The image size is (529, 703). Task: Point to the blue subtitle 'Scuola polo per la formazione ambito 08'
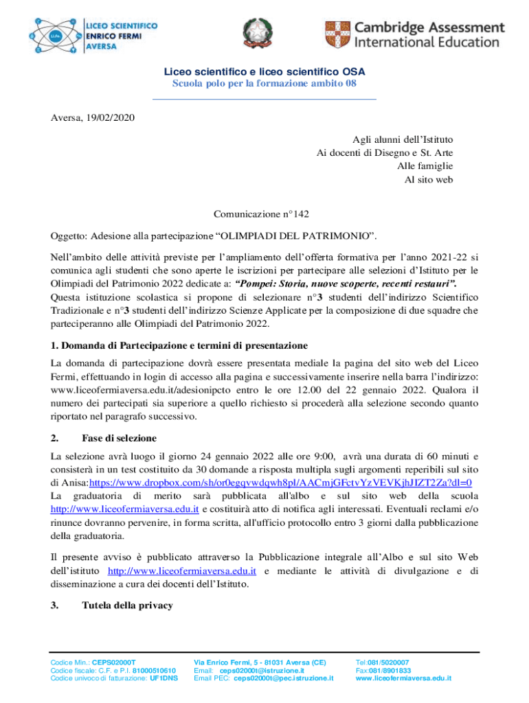[264, 84]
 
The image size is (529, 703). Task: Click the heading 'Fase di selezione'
[120, 437]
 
